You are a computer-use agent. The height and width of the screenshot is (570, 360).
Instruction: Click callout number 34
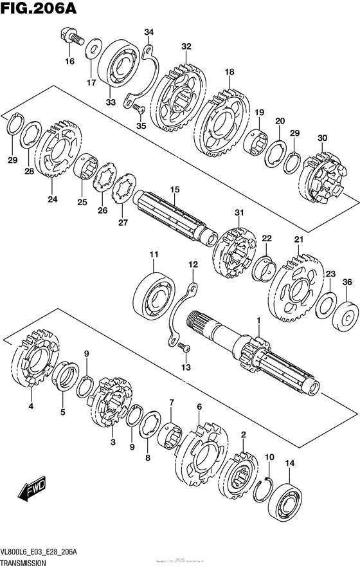[x=149, y=32]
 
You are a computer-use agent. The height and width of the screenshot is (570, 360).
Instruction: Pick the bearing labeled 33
[x=122, y=66]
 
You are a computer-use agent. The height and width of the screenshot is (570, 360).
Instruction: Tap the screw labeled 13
[x=185, y=348]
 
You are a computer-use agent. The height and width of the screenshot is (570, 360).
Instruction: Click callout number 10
[x=269, y=457]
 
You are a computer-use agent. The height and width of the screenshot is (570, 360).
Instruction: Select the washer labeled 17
[x=93, y=51]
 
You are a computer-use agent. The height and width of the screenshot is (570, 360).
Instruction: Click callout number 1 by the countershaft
[x=258, y=319]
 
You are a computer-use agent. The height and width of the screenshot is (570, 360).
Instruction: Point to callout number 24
[x=52, y=199]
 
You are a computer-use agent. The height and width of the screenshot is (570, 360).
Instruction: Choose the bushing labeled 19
[x=258, y=140]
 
